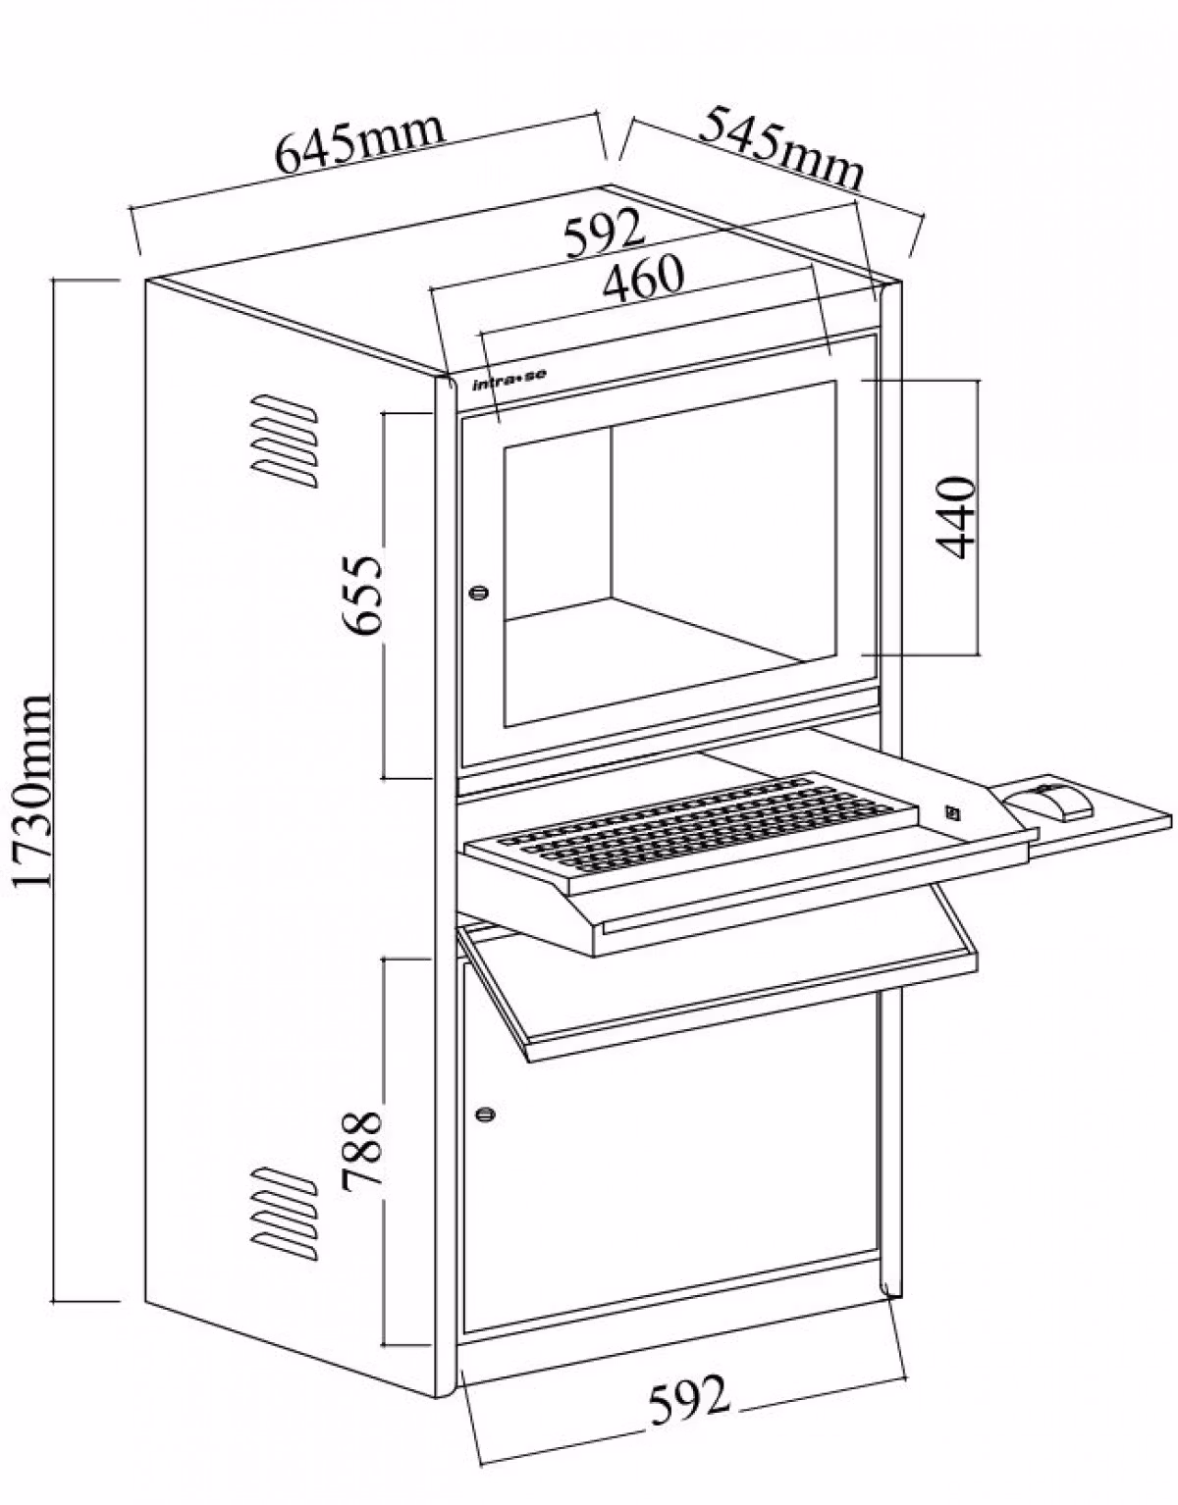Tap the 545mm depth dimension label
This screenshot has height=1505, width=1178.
(x=781, y=147)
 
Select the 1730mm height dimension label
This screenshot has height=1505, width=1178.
(x=32, y=790)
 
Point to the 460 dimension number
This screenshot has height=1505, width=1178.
(x=643, y=278)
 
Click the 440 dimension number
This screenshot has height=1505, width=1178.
(x=956, y=517)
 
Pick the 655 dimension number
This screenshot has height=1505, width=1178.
(x=362, y=594)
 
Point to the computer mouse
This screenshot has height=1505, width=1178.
(x=1047, y=802)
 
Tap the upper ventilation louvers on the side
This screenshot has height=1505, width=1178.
(x=284, y=441)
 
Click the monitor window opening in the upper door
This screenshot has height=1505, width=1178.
(x=669, y=553)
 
